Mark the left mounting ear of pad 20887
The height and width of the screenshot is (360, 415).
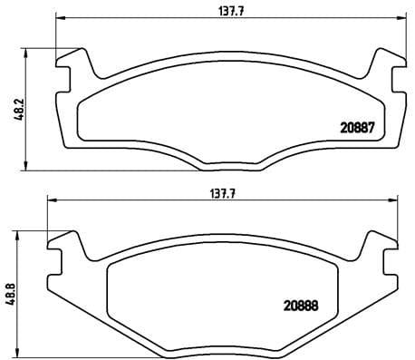[x=75, y=66]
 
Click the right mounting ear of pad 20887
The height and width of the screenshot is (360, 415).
[x=385, y=66]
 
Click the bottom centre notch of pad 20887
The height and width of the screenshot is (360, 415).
[x=230, y=164]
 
